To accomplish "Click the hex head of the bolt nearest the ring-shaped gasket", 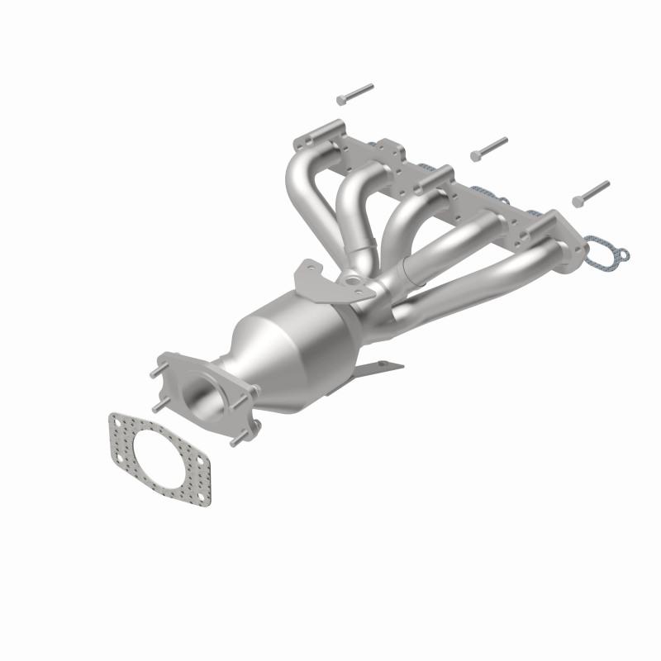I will [x=578, y=201].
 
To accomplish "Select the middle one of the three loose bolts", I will [x=488, y=150].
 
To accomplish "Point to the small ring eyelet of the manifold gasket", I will [x=622, y=256].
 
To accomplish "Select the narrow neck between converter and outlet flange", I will [x=240, y=380].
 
